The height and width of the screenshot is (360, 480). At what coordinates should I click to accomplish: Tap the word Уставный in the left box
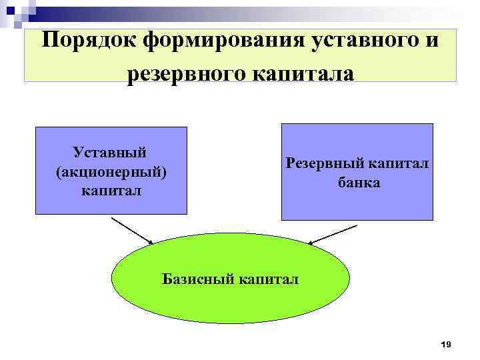coord(111,154)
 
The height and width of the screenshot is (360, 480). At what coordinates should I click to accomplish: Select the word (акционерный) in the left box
coord(111,173)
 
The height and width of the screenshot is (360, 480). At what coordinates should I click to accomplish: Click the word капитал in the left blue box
coord(111,191)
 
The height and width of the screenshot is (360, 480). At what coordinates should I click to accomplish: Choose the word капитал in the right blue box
coord(401,163)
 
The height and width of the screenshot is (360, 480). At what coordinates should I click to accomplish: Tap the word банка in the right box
coord(358,182)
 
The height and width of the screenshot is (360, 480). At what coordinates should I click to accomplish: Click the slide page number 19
coord(446,344)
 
